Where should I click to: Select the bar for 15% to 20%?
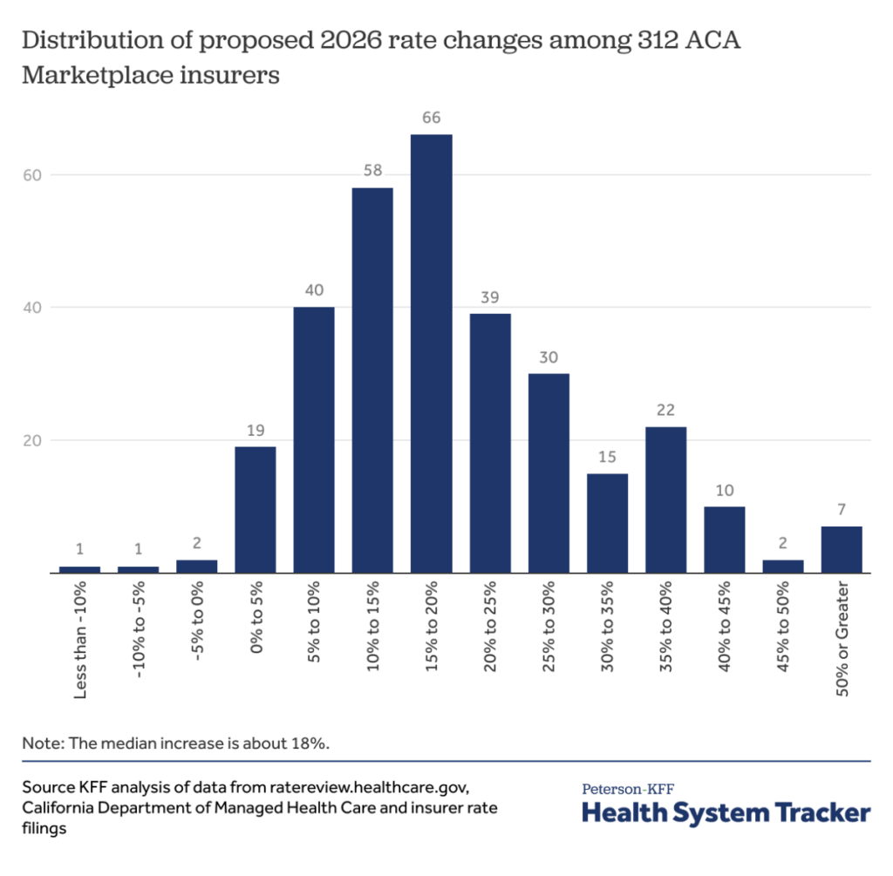[431, 353]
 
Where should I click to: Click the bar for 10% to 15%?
[372, 380]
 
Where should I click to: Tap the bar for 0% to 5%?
[255, 509]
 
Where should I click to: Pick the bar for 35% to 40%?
[665, 499]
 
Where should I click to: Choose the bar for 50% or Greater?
[842, 549]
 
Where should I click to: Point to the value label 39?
[489, 298]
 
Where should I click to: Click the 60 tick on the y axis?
[33, 175]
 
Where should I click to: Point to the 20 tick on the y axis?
[33, 441]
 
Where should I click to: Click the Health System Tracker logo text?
[726, 813]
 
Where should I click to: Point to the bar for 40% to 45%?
[724, 540]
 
